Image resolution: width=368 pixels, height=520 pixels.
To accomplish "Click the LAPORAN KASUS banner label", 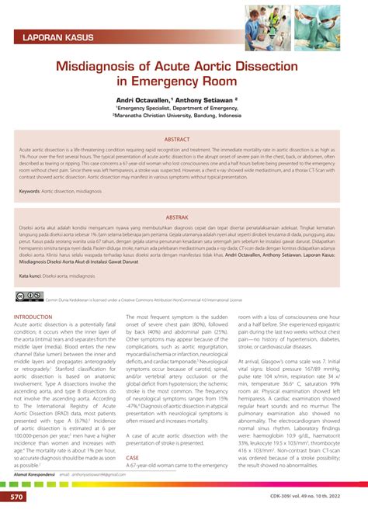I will (58, 36).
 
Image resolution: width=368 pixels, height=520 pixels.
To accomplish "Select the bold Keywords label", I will (30, 190).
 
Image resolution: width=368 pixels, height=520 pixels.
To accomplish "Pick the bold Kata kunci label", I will (30, 275).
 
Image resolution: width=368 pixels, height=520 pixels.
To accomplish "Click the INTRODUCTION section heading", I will (39, 317).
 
